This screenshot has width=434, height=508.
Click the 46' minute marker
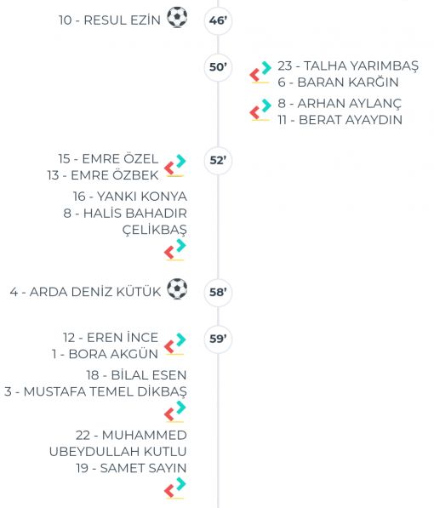[x=218, y=20]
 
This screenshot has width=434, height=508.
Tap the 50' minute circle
[x=218, y=67]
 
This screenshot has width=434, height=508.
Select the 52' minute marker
[x=218, y=161]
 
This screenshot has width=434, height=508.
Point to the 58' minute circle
[x=218, y=293]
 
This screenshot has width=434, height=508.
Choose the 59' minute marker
[x=218, y=340]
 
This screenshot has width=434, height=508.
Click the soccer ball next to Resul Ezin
[x=177, y=17]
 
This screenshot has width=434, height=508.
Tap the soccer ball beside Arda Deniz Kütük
[x=177, y=288]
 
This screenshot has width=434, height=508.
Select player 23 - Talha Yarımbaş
[x=348, y=66]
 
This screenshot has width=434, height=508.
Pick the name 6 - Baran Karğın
[x=338, y=83]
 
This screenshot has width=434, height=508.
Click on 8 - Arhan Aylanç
[x=340, y=103]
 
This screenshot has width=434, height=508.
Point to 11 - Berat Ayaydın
[x=340, y=120]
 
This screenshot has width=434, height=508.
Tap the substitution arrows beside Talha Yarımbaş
[x=260, y=72]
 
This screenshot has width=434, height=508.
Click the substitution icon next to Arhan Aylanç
[x=260, y=110]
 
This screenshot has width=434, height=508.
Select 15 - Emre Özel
[x=108, y=159]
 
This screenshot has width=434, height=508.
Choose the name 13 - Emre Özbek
[x=103, y=175]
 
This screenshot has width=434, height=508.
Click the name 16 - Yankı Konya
[x=129, y=197]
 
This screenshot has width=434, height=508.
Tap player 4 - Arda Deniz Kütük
[x=85, y=292]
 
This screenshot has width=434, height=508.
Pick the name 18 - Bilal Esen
[x=136, y=375]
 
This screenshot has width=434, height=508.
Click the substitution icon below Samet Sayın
[x=175, y=488]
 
